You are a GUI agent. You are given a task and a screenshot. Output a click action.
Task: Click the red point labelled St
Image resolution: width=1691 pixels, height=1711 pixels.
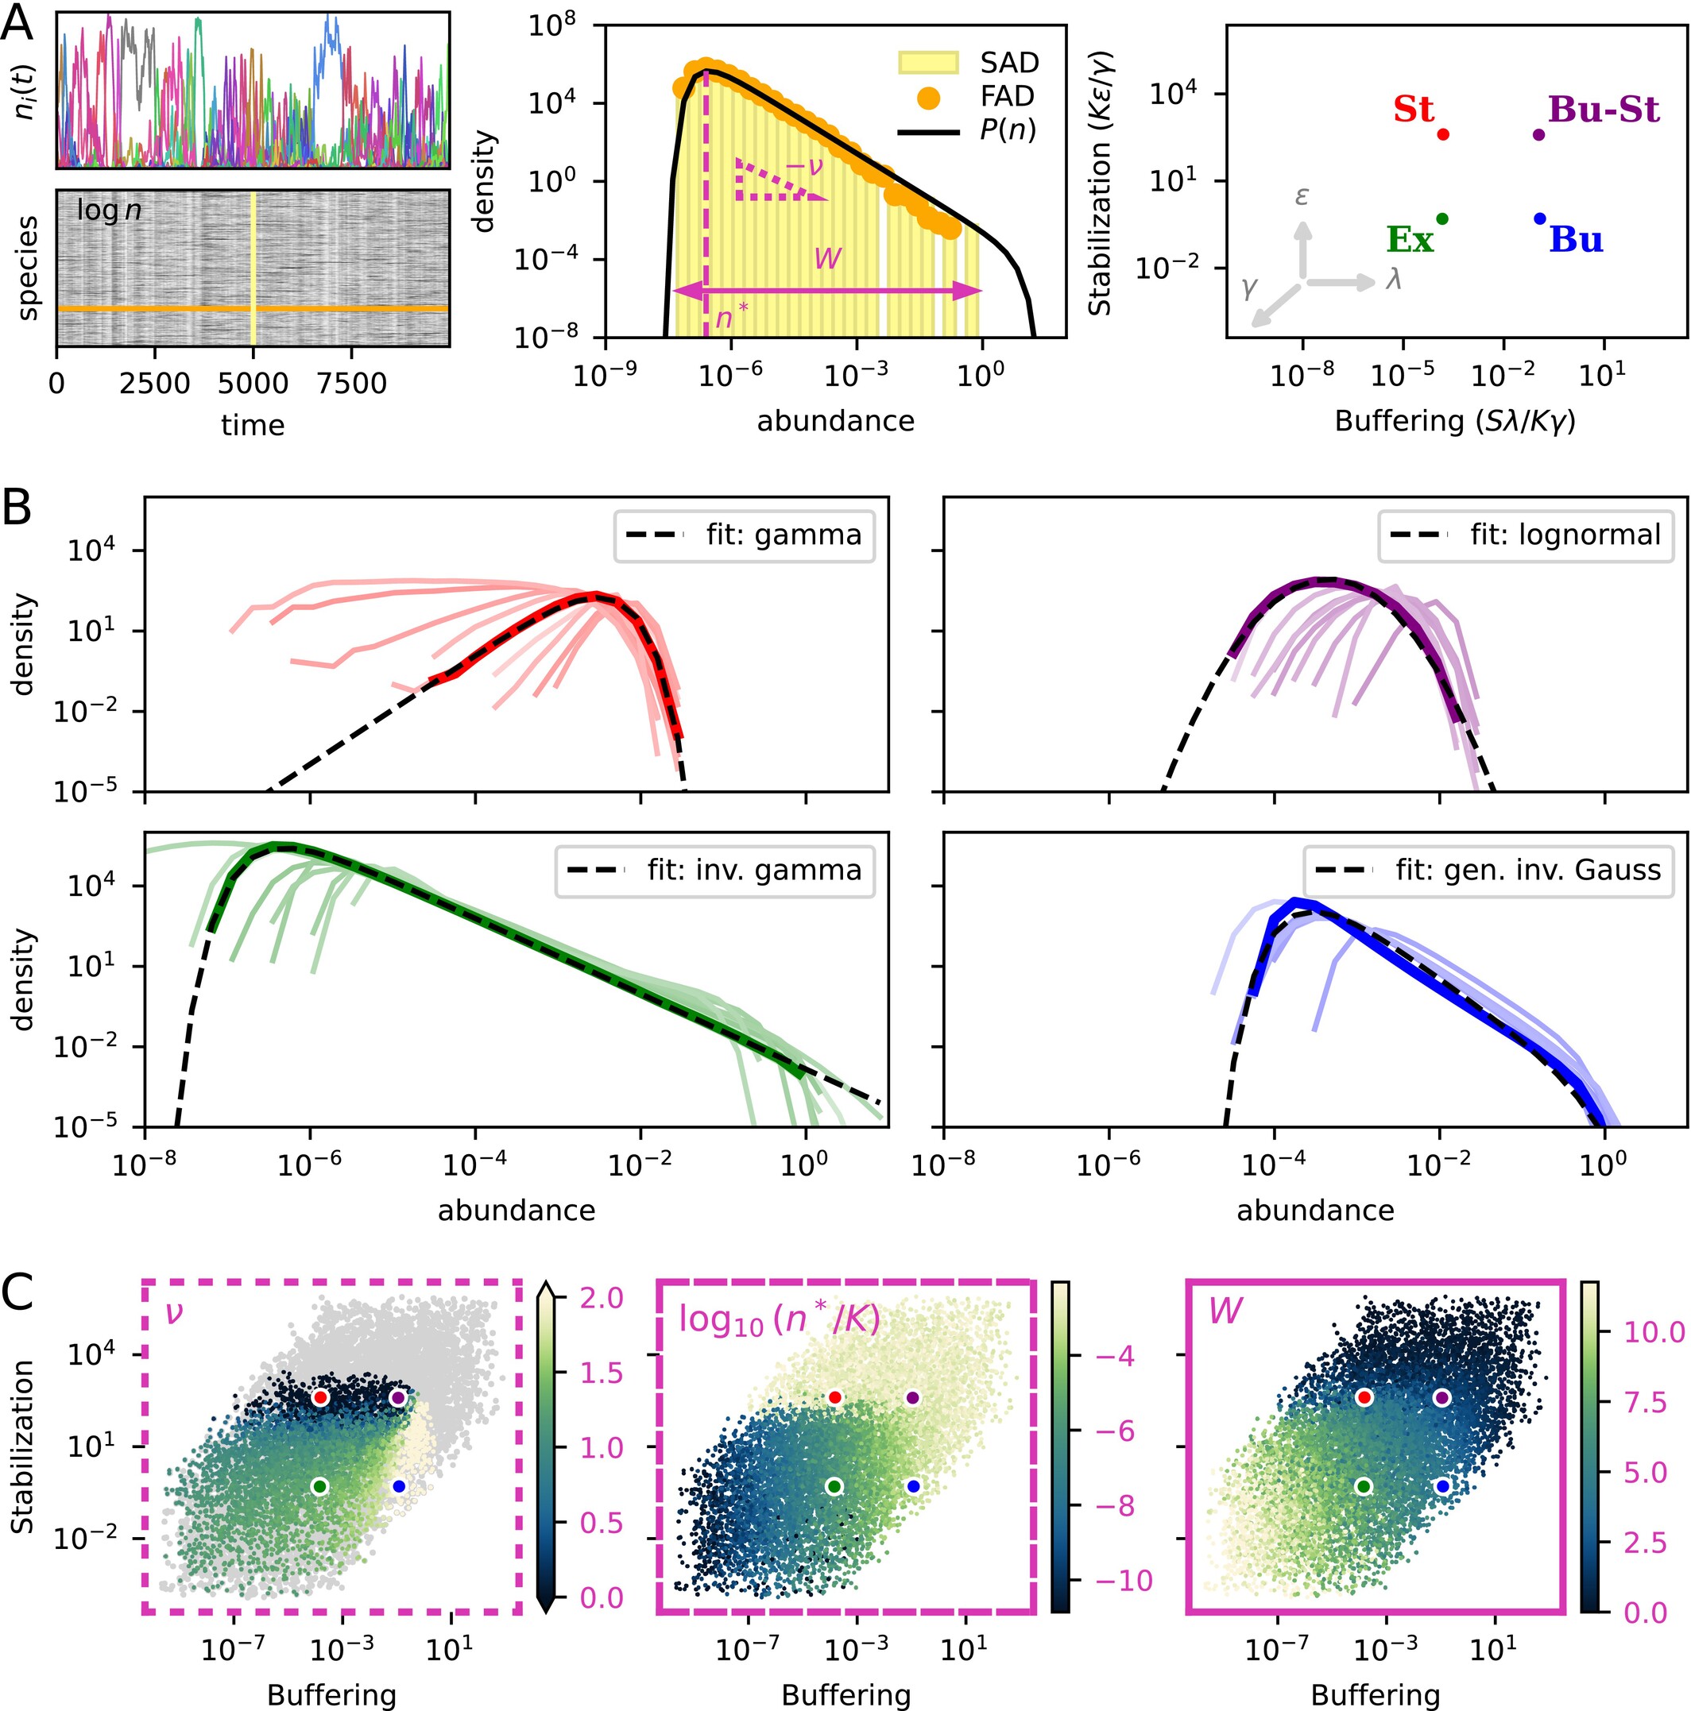1442,134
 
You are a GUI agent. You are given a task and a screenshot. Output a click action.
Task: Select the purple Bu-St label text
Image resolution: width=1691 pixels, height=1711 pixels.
1604,110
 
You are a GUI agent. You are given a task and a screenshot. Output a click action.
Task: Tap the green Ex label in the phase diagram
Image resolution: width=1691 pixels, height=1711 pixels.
1410,239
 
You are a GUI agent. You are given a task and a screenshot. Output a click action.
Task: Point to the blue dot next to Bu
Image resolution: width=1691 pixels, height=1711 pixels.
1539,218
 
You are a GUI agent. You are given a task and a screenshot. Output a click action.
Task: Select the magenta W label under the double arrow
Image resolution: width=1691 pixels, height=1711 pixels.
827,259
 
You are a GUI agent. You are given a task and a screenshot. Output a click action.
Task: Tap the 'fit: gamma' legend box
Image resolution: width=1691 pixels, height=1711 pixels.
744,535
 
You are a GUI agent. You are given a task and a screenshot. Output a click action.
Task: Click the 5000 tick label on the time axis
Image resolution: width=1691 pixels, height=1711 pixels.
253,384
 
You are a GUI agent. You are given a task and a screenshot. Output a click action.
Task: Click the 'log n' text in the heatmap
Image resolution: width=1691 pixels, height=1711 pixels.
109,210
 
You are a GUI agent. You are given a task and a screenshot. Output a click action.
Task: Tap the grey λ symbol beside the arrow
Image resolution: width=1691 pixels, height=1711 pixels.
1393,280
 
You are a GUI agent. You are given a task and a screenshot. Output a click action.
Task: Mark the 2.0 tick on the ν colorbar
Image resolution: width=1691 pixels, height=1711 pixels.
602,1298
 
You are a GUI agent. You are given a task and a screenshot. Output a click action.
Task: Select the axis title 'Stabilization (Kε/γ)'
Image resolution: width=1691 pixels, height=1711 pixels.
1100,182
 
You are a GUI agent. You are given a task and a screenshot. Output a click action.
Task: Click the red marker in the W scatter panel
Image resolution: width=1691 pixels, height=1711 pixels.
1364,1397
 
